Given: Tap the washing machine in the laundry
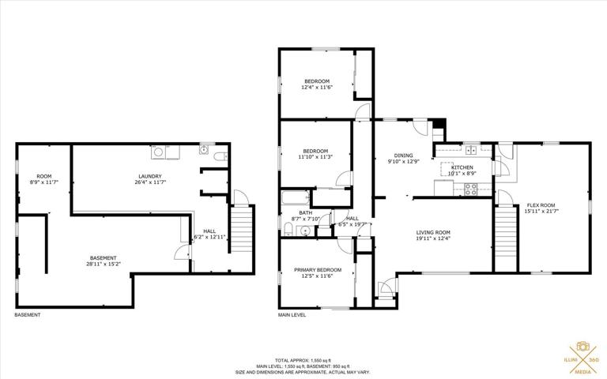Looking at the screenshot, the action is point(158,152).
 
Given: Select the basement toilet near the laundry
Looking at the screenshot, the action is point(221,156).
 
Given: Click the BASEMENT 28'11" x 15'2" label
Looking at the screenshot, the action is point(103,261).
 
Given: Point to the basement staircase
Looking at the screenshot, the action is point(241,229).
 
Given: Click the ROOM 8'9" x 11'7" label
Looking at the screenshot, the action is point(43,179).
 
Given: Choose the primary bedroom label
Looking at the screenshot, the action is point(318,272).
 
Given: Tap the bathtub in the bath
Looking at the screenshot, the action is point(296,197).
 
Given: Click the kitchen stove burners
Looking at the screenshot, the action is point(471,189).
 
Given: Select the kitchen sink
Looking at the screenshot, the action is point(471,150).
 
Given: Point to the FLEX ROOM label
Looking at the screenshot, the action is point(541,208).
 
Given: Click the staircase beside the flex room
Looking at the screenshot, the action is point(506,238).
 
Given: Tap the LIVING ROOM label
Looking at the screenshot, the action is point(433,235).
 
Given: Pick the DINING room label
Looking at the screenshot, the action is point(403,158).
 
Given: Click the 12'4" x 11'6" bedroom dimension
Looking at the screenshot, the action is point(317,88).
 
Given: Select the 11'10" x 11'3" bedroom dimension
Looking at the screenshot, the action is point(315,157).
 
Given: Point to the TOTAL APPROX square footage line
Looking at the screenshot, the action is point(303,360).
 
